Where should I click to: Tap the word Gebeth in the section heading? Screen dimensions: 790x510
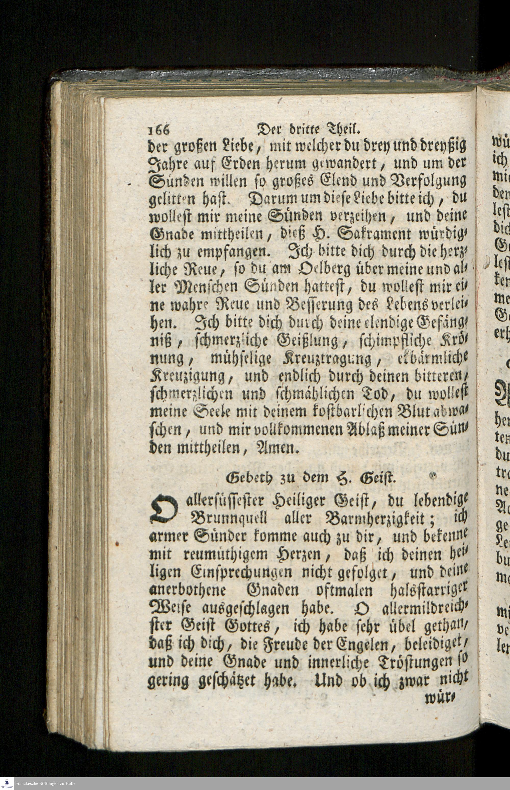coord(245,478)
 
